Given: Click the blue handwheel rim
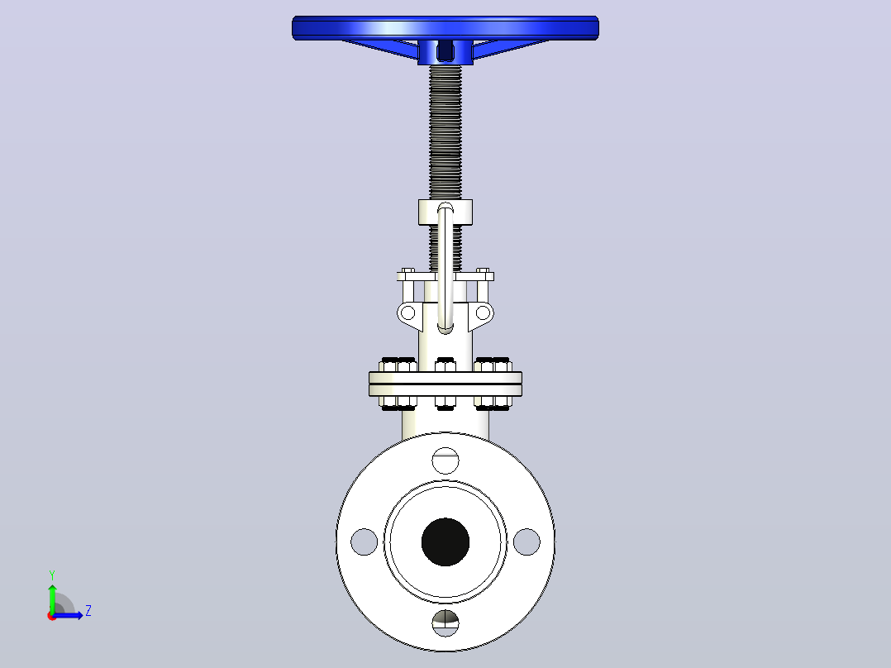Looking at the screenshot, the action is point(445,28).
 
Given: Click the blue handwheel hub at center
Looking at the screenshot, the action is point(445,52).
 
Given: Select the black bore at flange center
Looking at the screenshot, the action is point(445,542).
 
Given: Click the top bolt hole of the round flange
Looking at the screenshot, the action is point(445,460).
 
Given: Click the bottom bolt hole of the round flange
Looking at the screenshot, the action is point(445,623).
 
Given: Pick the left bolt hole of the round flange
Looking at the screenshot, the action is point(364,542).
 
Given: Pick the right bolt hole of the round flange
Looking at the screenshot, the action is point(526,542).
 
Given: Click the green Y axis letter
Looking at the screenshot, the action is point(52,575).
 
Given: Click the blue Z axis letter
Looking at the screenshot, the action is point(88,611).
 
